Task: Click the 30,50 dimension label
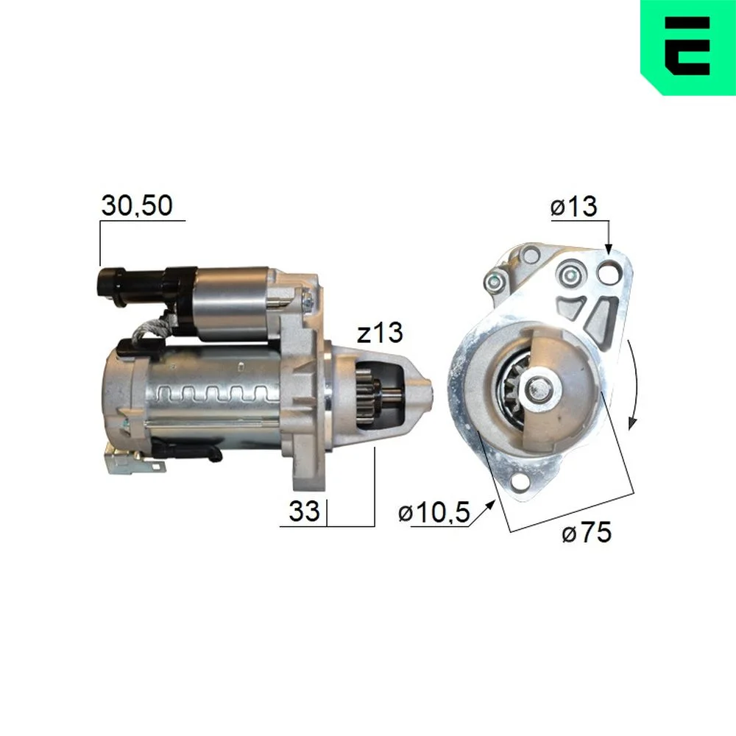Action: click(137, 205)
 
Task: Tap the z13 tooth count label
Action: click(380, 333)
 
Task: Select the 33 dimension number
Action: click(304, 511)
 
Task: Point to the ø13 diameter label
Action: click(573, 207)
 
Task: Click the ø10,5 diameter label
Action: click(434, 512)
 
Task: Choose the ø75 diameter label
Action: click(587, 532)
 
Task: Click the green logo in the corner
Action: click(688, 47)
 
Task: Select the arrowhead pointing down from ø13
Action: click(609, 249)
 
